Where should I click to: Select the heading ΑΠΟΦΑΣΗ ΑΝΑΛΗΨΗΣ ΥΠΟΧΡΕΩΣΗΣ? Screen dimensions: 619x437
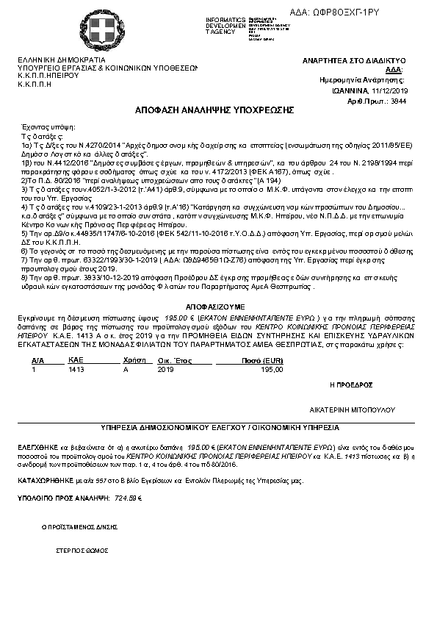(x=214, y=109)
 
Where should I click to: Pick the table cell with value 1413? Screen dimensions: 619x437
(x=75, y=370)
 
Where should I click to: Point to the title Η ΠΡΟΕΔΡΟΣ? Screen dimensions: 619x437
(x=352, y=384)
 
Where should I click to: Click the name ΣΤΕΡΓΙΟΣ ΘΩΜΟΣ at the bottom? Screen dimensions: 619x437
(x=82, y=550)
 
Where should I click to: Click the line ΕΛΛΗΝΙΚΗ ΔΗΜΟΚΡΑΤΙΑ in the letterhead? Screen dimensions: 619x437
(x=62, y=60)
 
